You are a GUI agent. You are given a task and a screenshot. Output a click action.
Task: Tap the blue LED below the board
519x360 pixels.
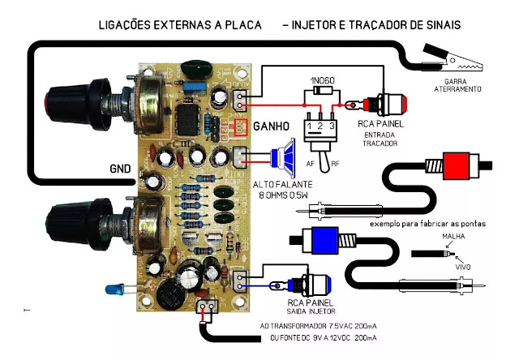[x=113, y=289]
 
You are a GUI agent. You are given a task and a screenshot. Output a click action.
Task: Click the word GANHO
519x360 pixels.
[x=272, y=128]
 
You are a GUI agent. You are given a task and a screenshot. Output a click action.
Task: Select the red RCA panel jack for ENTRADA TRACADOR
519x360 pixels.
[x=392, y=104]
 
